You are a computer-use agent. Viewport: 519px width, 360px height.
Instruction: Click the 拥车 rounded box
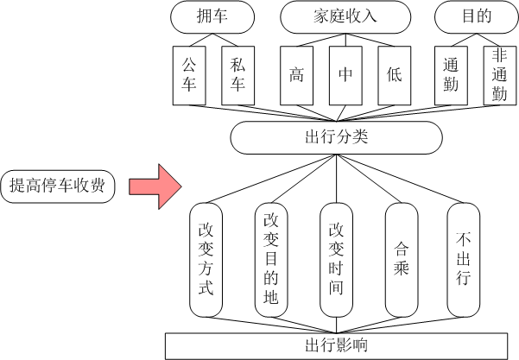(212, 15)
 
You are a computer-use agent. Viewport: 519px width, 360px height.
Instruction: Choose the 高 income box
(297, 74)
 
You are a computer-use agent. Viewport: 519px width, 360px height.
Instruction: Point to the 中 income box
(345, 74)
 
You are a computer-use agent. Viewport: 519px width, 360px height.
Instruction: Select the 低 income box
(395, 74)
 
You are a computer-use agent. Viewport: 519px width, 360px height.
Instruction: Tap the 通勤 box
(451, 74)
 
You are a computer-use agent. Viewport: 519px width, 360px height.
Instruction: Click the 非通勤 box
(499, 74)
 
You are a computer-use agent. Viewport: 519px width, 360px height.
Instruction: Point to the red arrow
(154, 186)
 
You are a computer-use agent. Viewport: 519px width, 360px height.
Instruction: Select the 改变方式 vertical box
(206, 259)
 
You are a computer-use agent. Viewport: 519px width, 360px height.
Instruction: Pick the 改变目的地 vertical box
(271, 259)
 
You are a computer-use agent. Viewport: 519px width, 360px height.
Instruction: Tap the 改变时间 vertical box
(336, 259)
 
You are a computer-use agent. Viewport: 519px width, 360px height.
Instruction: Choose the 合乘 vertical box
(402, 259)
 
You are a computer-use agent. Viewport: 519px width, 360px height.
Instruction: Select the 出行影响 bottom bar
(336, 346)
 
